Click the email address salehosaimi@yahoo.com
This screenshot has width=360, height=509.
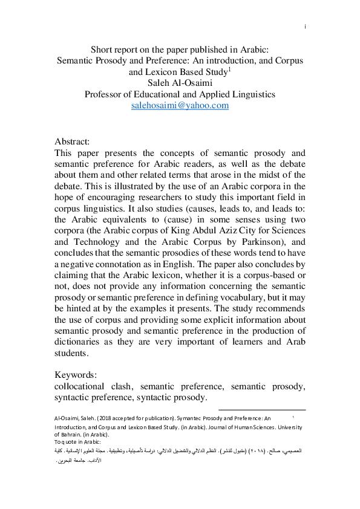coord(180,105)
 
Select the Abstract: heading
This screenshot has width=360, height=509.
coord(72,141)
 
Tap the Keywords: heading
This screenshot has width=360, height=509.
coord(76,374)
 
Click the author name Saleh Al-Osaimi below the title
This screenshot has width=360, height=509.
coord(180,83)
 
